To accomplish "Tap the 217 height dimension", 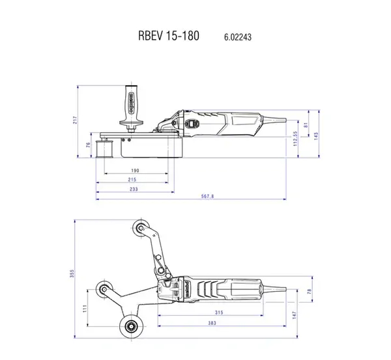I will point(76,120).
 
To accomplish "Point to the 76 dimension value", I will point(89,145).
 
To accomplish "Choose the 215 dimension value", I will point(132,179).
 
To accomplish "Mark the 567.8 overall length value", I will point(208,196).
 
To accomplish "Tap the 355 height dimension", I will point(73,276).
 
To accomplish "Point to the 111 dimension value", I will point(85,309).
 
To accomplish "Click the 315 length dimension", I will point(219,313).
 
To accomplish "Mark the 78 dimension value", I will point(310,291).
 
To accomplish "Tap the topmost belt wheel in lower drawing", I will point(139,228).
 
